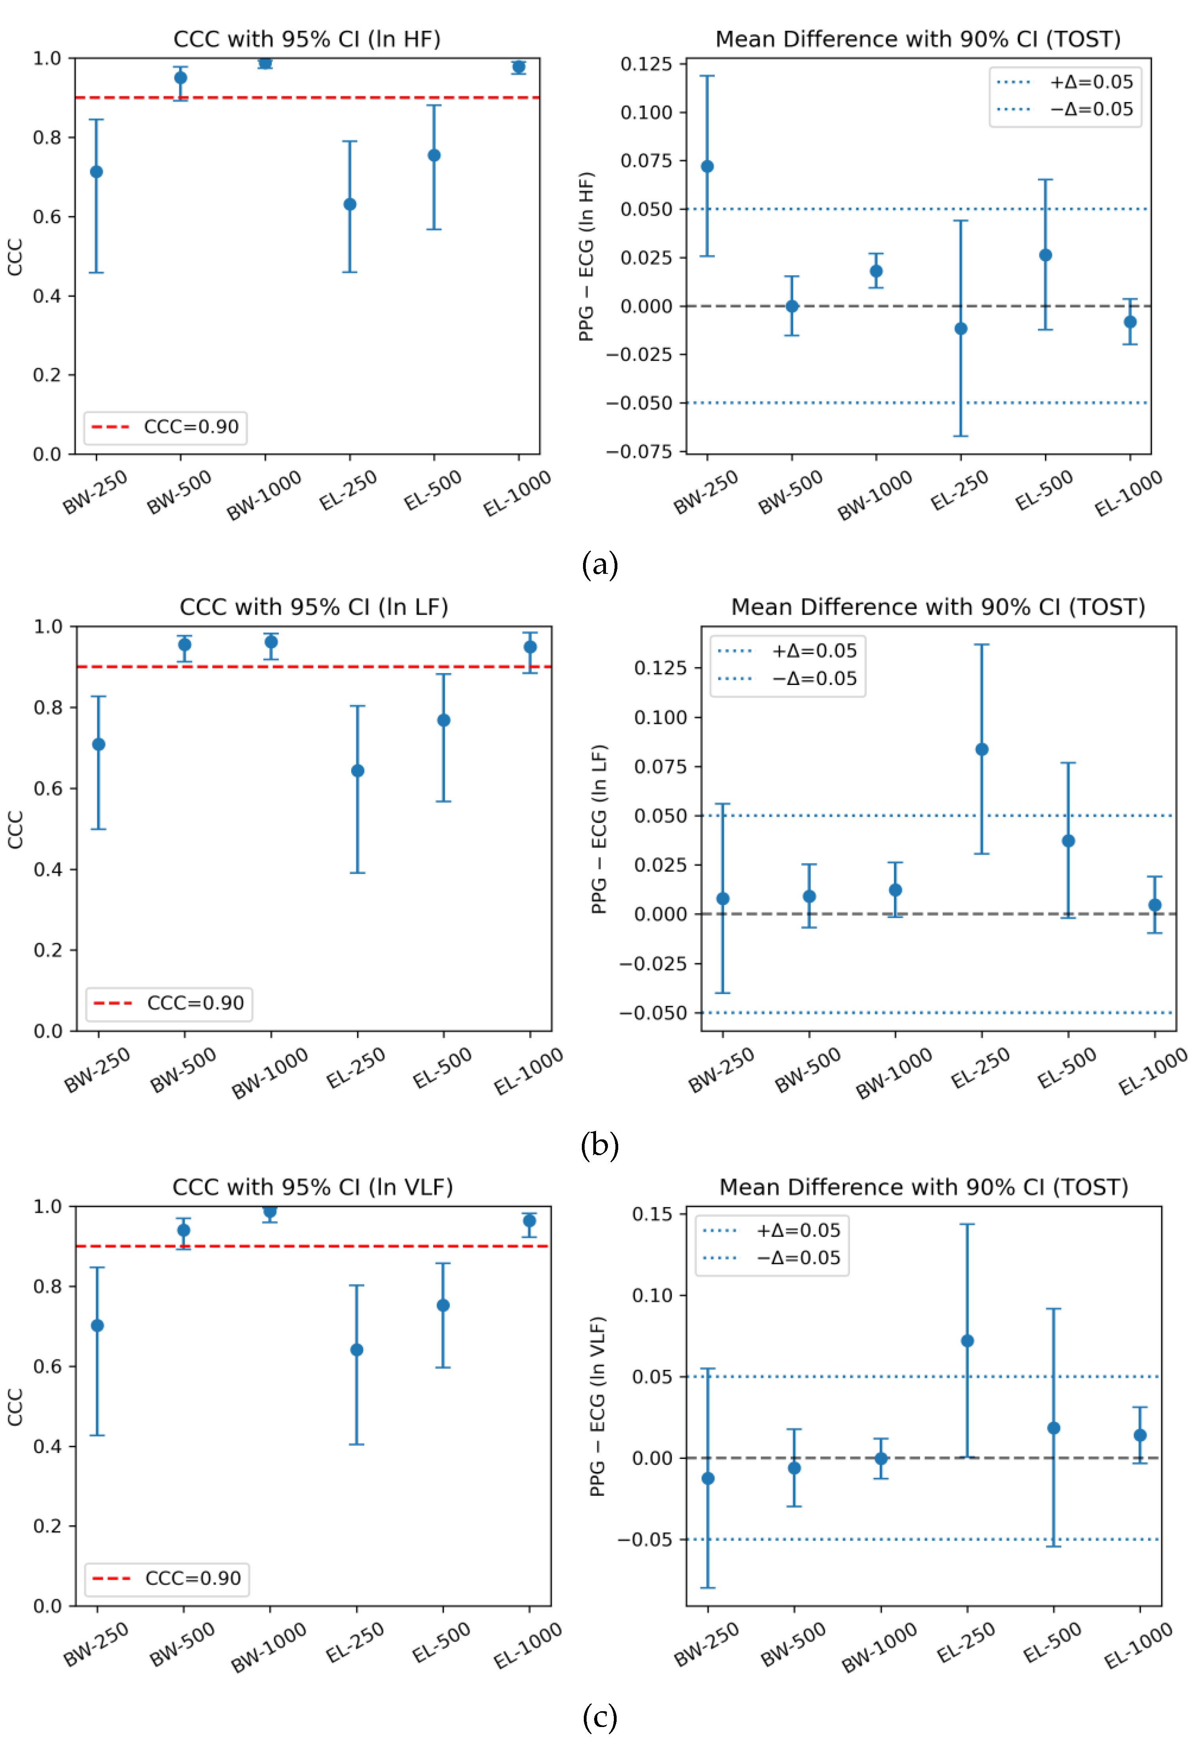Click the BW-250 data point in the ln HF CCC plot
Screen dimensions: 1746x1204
point(97,172)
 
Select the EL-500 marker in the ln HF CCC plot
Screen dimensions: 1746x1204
point(435,155)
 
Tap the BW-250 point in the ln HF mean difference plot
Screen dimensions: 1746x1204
point(708,166)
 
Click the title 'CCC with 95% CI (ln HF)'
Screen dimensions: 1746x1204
point(307,39)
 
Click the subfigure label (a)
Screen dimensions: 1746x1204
point(600,565)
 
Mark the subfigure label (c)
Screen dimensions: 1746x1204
point(600,1718)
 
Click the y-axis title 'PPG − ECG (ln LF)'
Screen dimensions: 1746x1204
point(599,830)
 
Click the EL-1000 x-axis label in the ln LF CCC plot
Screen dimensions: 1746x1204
point(528,1072)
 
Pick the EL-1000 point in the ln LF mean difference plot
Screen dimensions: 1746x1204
point(1155,905)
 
